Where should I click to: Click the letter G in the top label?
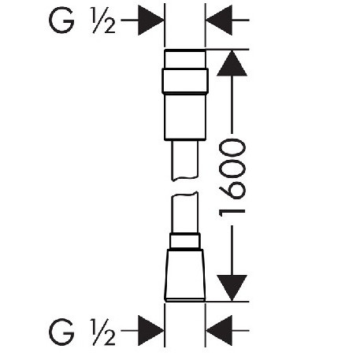61,20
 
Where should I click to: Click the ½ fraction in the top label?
102,20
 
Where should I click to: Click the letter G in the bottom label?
61,332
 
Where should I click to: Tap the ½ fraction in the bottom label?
102,332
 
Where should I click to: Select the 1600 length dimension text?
232,178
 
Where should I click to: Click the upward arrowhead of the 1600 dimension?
232,63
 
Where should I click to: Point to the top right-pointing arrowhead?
150,20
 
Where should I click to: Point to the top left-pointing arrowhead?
219,20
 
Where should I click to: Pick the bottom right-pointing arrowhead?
150,331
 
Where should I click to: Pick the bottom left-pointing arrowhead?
219,331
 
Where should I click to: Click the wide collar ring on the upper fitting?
185,81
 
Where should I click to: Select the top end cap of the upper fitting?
185,59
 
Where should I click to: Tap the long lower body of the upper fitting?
185,117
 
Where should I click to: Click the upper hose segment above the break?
184,160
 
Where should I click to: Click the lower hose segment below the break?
184,213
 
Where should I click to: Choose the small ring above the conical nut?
185,241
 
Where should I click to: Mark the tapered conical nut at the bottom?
185,275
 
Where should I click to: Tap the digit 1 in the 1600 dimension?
232,213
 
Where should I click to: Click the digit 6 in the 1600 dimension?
232,190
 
